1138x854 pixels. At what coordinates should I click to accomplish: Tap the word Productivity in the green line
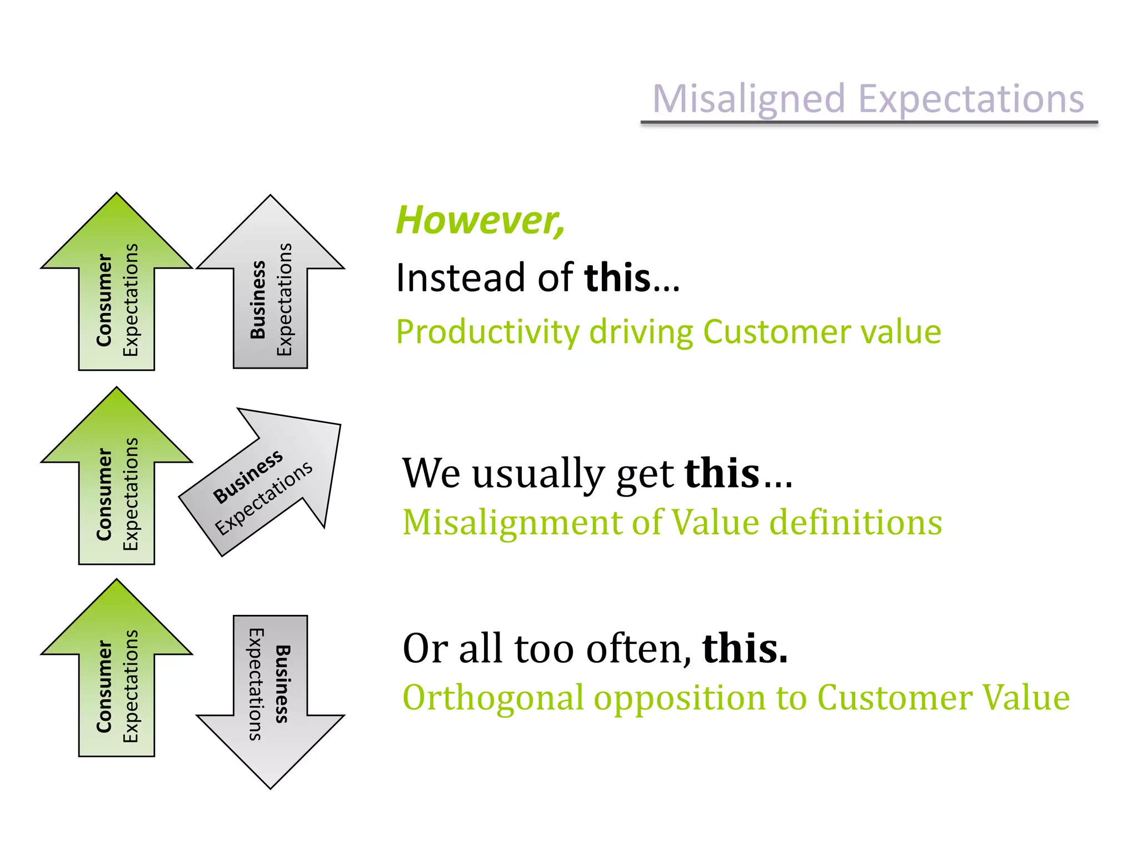click(x=487, y=332)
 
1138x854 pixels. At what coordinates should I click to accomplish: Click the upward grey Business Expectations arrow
click(x=271, y=289)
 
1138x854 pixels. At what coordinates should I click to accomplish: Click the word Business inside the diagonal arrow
click(x=248, y=477)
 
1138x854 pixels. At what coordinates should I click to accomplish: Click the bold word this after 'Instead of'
click(x=617, y=277)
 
